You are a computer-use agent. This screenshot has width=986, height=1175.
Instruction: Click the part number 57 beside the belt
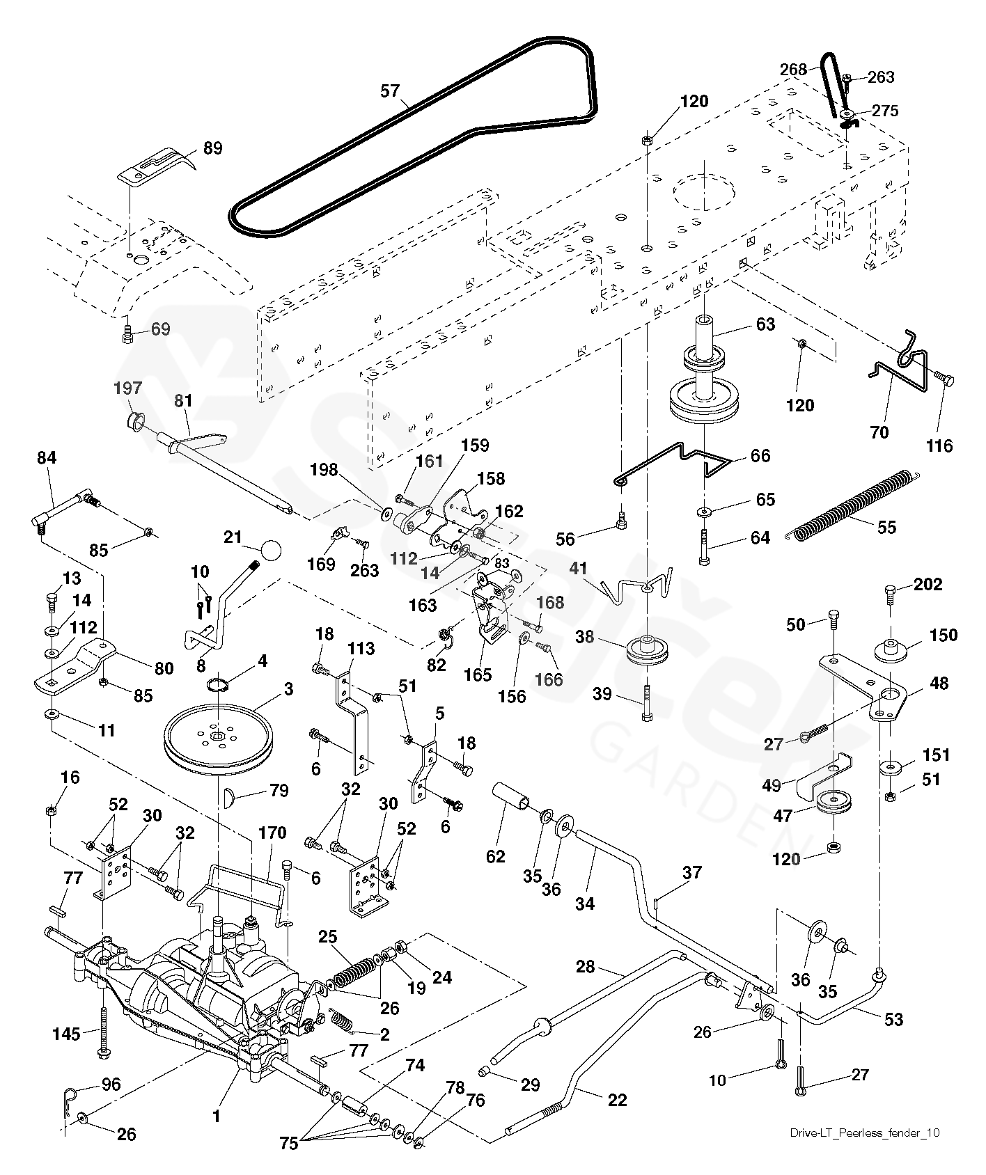coord(391,90)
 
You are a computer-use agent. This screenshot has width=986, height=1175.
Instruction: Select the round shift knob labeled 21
coord(271,549)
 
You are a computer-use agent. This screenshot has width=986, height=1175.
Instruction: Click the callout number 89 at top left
coord(212,148)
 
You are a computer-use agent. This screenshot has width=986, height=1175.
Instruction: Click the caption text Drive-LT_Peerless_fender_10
coord(864,1133)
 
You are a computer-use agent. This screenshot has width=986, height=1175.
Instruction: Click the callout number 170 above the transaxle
coord(272,833)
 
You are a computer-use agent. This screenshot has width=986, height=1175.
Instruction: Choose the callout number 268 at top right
coord(793,70)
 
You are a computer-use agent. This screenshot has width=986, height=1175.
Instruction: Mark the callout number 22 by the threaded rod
coord(617,1100)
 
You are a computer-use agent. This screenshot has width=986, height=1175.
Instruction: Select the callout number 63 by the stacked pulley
coord(765,324)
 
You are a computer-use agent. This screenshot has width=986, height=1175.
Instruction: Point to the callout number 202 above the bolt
coord(928,584)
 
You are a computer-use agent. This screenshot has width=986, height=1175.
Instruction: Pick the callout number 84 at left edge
coord(47,458)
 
